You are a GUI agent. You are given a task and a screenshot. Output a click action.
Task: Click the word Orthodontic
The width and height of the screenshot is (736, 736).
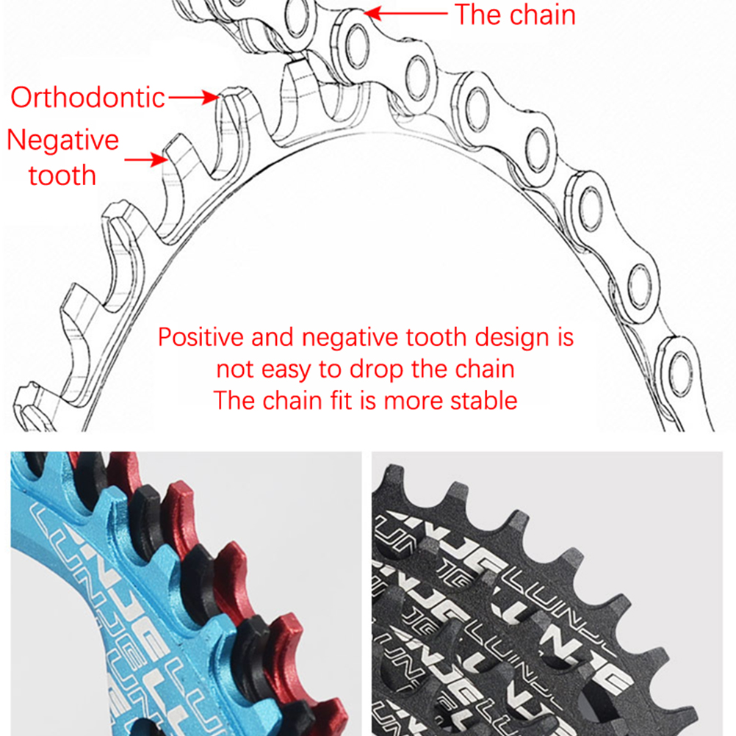87,98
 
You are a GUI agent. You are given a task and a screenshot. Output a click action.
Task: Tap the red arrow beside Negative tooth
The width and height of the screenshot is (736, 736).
143,159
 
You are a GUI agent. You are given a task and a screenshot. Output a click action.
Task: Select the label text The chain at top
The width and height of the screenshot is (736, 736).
515,14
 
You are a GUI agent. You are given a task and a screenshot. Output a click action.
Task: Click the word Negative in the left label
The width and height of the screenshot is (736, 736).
62,140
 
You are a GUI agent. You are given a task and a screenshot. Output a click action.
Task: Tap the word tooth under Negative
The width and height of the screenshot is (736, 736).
62,176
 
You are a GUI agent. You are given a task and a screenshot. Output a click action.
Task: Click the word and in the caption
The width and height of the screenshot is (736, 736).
274,338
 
